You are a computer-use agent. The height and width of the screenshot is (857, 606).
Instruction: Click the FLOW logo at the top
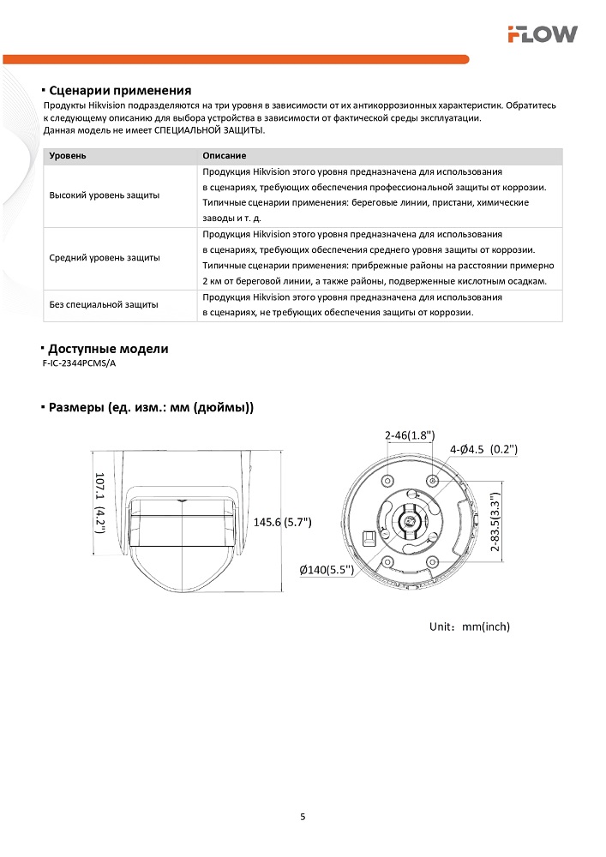(x=542, y=33)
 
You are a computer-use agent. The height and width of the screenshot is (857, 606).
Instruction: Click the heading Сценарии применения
(x=119, y=90)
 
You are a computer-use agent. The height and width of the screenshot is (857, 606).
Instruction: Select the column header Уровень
(x=68, y=156)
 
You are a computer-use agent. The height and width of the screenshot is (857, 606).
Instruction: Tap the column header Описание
(x=225, y=156)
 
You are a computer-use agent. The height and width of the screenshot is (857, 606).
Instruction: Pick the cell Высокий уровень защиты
(x=105, y=195)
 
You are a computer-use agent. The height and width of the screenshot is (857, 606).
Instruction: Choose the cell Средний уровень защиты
(x=105, y=257)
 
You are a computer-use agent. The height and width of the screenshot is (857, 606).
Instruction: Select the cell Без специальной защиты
(x=103, y=304)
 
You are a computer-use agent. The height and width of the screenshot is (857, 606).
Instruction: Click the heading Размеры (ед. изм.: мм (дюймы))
(x=151, y=407)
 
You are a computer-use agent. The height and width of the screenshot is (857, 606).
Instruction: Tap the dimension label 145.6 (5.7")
(x=283, y=521)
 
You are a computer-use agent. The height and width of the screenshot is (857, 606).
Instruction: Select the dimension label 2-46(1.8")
(x=410, y=435)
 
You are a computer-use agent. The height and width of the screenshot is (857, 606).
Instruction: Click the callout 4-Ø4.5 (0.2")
(x=484, y=449)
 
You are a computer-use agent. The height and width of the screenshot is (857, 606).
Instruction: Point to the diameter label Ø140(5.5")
(x=327, y=569)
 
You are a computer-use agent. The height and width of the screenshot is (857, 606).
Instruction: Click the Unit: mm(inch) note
(x=469, y=626)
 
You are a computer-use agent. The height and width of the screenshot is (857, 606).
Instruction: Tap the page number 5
(x=303, y=816)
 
